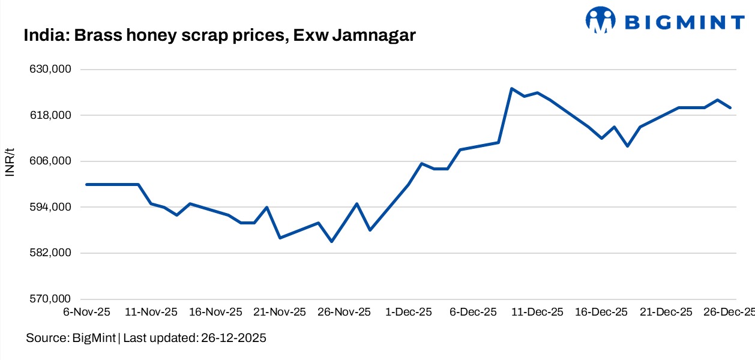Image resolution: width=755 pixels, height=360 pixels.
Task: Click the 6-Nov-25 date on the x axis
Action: click(86, 312)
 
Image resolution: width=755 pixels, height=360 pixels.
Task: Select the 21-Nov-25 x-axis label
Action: click(280, 312)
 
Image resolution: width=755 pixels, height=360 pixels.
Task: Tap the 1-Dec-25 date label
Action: click(409, 312)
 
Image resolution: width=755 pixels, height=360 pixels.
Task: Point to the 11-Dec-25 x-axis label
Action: click(537, 312)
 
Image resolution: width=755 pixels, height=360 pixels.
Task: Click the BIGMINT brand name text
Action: click(685, 22)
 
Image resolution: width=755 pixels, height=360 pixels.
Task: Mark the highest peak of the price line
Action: click(511, 88)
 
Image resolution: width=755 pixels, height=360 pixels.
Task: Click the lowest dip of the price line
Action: click(331, 241)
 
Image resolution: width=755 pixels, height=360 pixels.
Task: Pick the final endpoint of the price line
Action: click(730, 107)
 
